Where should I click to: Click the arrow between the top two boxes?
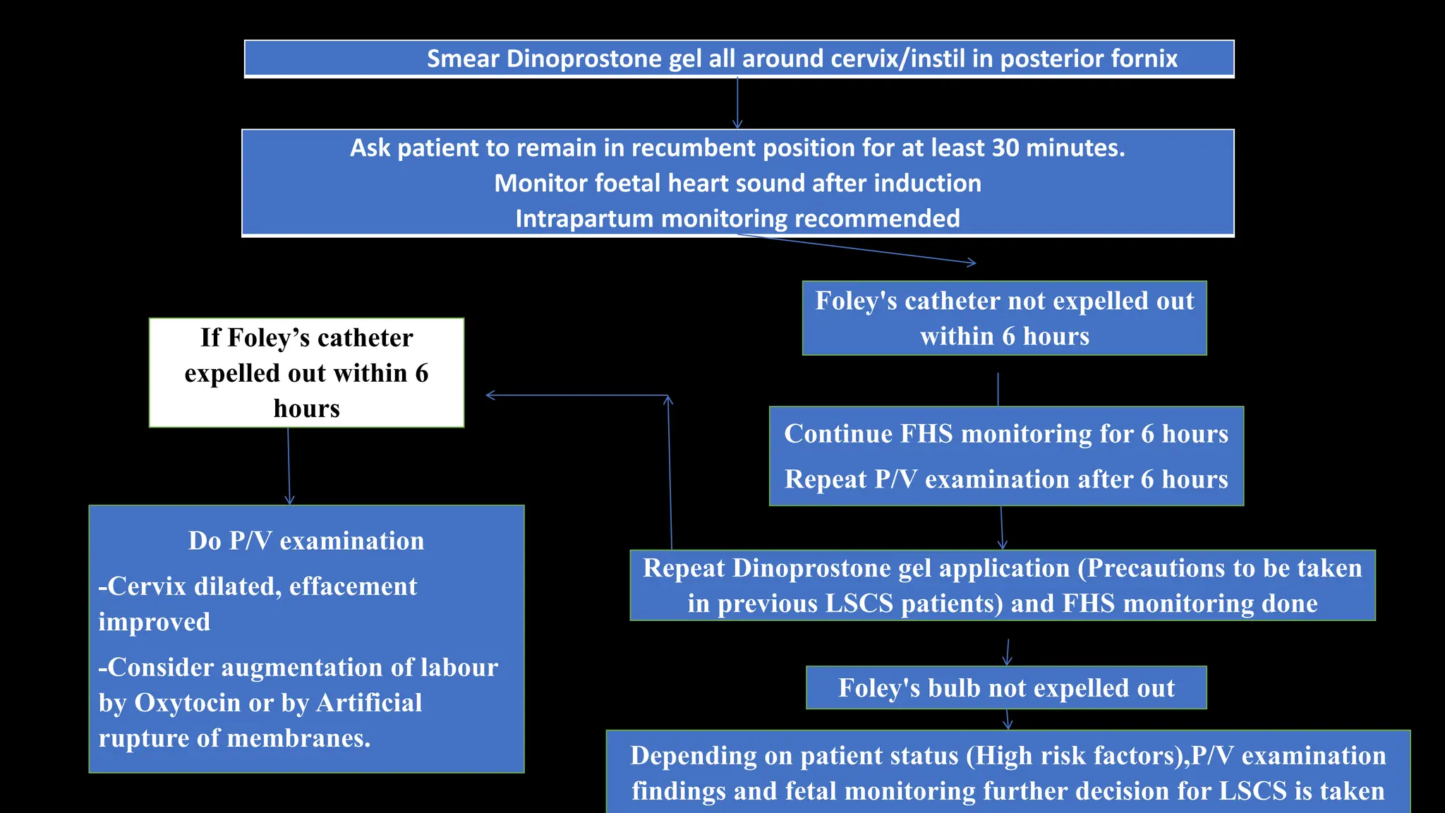coord(737,103)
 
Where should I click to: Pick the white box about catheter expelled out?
coord(306,373)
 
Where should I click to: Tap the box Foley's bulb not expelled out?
coord(1006,687)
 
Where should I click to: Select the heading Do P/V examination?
coord(306,541)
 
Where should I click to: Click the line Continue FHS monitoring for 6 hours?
coord(1006,433)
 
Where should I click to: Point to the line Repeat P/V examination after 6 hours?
coord(1006,479)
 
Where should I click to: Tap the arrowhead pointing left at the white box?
coord(491,395)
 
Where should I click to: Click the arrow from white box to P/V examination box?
coord(289,466)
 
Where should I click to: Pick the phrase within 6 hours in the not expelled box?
coord(1004,337)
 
